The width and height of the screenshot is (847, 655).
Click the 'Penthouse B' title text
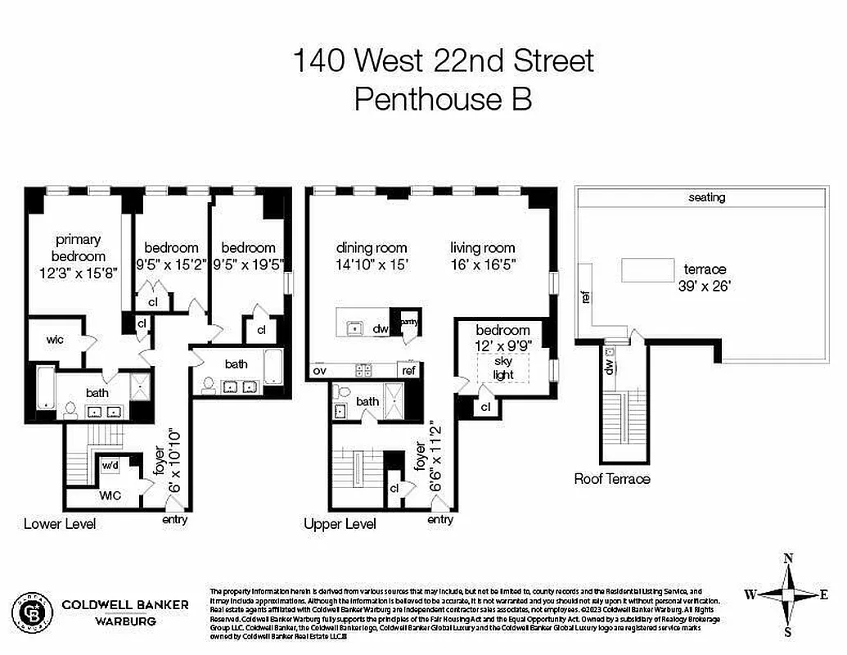(x=443, y=99)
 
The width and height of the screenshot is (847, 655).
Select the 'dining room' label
(x=371, y=248)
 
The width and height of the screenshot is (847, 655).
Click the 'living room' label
(x=483, y=248)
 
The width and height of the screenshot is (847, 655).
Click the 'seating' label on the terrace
(x=706, y=197)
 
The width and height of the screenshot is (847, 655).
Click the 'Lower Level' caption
(x=59, y=523)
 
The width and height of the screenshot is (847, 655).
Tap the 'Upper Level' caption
(x=340, y=524)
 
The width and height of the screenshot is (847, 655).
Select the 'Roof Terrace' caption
(x=612, y=479)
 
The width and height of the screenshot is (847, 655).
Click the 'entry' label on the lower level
(x=175, y=519)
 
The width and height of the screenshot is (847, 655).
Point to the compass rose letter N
(x=788, y=559)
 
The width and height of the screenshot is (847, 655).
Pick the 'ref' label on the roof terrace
(x=586, y=297)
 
